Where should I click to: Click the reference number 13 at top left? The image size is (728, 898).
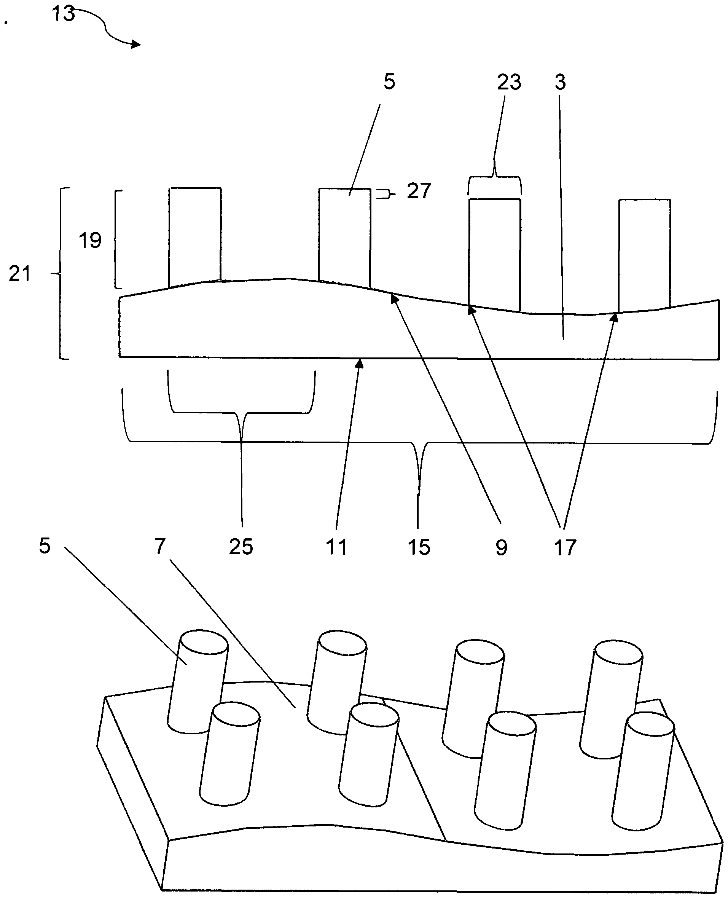pos(63,13)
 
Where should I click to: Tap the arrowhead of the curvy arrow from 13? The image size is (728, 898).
pos(136,44)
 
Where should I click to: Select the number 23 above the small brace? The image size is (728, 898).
pos(509,82)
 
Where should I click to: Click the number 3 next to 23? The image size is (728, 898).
pos(560,82)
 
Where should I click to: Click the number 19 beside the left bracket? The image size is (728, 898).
pos(90,240)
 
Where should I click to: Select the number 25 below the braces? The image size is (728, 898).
pos(241,547)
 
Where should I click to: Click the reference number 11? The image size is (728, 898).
pos(336,547)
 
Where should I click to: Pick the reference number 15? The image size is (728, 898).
pos(419,547)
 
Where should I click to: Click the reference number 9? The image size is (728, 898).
pos(501,547)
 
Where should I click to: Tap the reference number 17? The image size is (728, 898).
pos(565,547)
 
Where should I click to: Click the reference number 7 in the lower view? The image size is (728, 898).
pos(160,546)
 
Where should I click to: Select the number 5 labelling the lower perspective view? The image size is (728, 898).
pos(45,546)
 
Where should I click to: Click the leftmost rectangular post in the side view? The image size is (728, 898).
pos(195,235)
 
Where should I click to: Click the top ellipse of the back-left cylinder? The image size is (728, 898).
pos(204,642)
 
